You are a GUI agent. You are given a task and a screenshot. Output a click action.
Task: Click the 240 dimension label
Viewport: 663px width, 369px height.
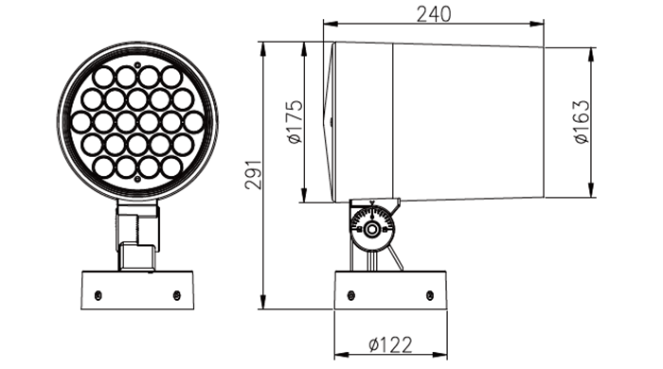tap(434, 14)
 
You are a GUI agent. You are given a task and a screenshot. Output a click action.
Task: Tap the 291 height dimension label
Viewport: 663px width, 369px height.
tap(254, 175)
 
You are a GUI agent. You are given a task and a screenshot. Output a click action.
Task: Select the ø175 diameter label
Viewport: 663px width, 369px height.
tap(296, 122)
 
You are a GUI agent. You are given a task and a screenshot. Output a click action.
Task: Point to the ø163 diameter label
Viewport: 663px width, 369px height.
tap(582, 122)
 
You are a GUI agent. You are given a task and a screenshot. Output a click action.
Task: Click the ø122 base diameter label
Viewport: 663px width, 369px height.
tap(390, 345)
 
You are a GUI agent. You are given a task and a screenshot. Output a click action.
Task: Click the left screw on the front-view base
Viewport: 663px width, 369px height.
tap(99, 294)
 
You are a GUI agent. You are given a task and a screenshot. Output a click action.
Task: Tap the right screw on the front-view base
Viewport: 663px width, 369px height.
tap(177, 294)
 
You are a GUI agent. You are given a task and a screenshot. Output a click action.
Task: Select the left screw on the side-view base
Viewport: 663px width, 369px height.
tap(351, 294)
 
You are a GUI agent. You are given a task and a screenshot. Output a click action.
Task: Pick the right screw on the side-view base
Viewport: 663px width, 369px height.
tap(430, 294)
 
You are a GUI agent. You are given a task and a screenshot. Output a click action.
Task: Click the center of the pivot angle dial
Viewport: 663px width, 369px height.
tap(372, 229)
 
